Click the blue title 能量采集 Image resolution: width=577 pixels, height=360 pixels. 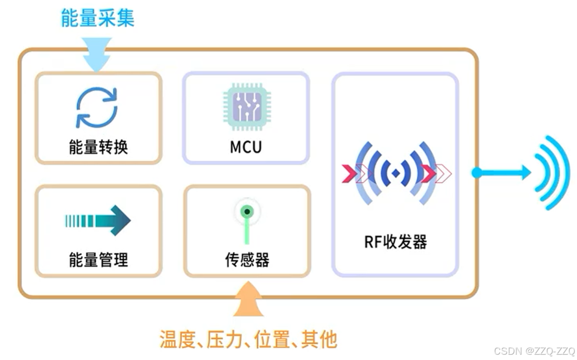coord(97,17)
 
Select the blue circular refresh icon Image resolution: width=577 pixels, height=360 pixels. coord(97,107)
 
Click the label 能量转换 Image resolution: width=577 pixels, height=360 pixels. coord(98,147)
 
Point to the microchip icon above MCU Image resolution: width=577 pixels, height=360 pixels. coord(246,107)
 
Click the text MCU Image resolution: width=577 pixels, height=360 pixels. coord(246,147)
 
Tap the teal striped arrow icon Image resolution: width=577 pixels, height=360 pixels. coord(98,220)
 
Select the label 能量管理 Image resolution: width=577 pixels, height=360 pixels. coord(98,259)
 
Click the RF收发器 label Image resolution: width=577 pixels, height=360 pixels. coord(396,242)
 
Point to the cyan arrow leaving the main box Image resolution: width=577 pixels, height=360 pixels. coord(502,172)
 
